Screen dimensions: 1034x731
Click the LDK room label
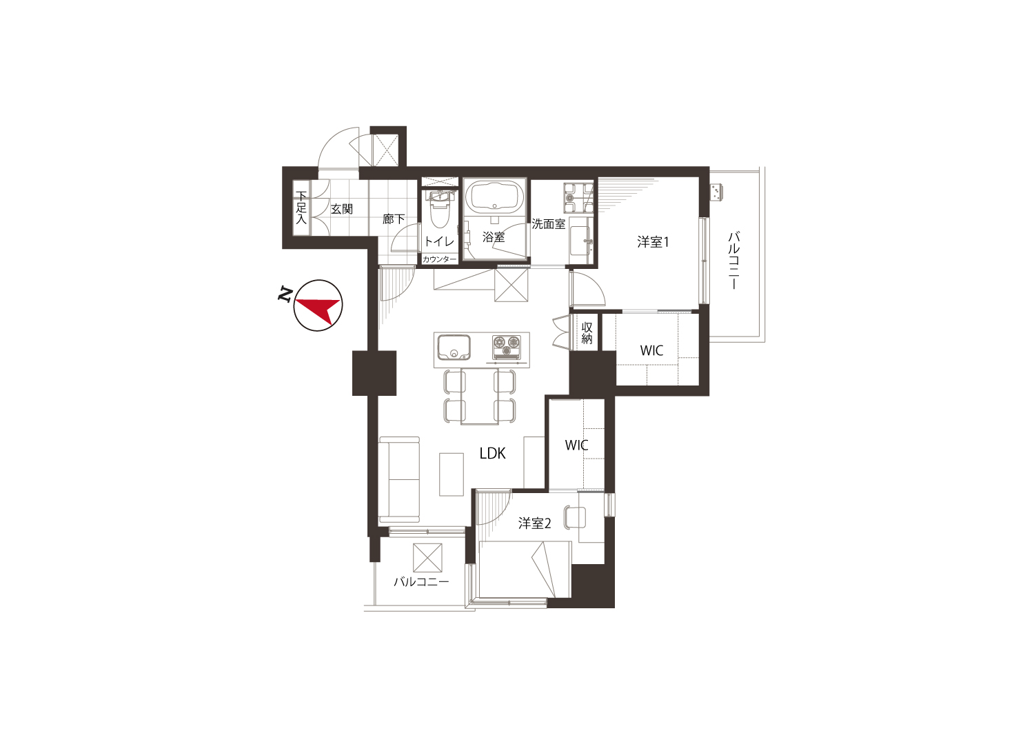pyautogui.click(x=493, y=454)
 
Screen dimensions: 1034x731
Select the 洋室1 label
pyautogui.click(x=653, y=242)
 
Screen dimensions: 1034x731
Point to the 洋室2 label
pyautogui.click(x=534, y=523)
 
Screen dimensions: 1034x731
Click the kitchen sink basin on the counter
pyautogui.click(x=454, y=348)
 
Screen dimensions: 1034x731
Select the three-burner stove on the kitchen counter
pyautogui.click(x=507, y=347)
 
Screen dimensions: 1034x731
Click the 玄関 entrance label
pyautogui.click(x=342, y=209)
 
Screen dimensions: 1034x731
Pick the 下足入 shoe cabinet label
pyautogui.click(x=301, y=208)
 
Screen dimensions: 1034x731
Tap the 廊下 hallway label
pyautogui.click(x=394, y=219)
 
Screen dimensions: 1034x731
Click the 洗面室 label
pyautogui.click(x=549, y=224)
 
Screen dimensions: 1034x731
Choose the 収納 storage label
pyautogui.click(x=587, y=333)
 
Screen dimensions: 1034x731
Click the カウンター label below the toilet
pyautogui.click(x=439, y=259)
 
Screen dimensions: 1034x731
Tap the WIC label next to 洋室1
pyautogui.click(x=651, y=350)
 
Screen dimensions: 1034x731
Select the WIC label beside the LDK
pyautogui.click(x=576, y=445)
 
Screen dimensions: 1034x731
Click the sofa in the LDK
pyautogui.click(x=399, y=480)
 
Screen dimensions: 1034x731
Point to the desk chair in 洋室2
pyautogui.click(x=575, y=517)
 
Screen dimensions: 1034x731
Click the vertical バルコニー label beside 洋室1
pyautogui.click(x=733, y=261)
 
